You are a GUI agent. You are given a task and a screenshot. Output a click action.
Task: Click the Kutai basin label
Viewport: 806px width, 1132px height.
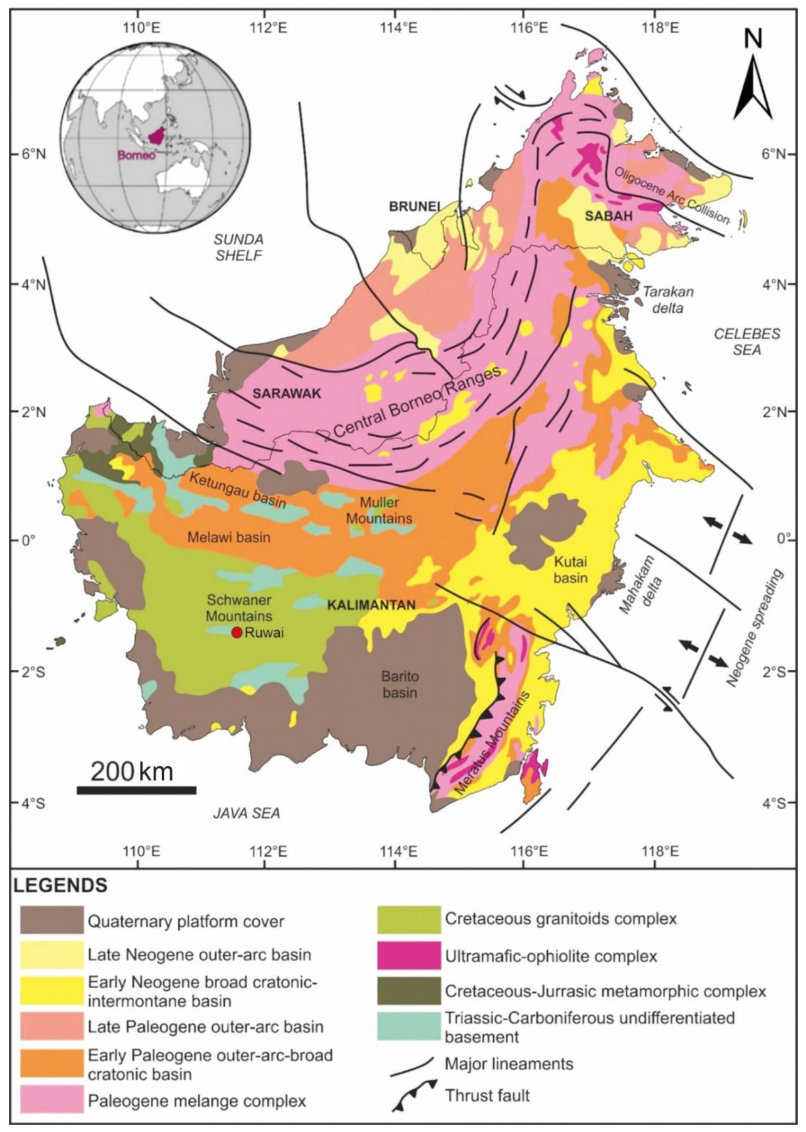pyautogui.click(x=570, y=569)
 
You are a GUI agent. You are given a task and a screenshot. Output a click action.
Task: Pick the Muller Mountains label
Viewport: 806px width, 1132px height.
pyautogui.click(x=379, y=510)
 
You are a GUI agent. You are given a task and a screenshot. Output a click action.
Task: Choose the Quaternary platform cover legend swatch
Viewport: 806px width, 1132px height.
pyautogui.click(x=51, y=920)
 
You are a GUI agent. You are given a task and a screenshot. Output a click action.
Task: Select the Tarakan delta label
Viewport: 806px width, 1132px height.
pyautogui.click(x=668, y=300)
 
